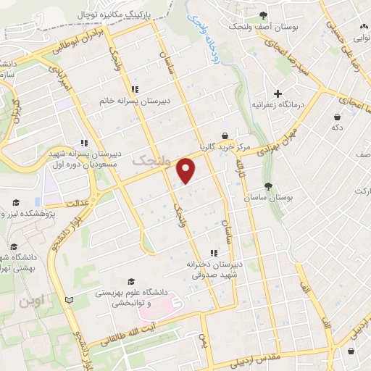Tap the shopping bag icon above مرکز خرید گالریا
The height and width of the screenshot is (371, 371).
coord(225,135)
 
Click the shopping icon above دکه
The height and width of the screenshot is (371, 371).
coord(337,117)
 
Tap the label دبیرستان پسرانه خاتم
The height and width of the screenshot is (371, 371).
coord(135,101)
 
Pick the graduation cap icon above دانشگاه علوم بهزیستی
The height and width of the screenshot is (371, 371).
coord(131,281)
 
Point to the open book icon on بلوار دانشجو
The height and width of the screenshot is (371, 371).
coord(69,299)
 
